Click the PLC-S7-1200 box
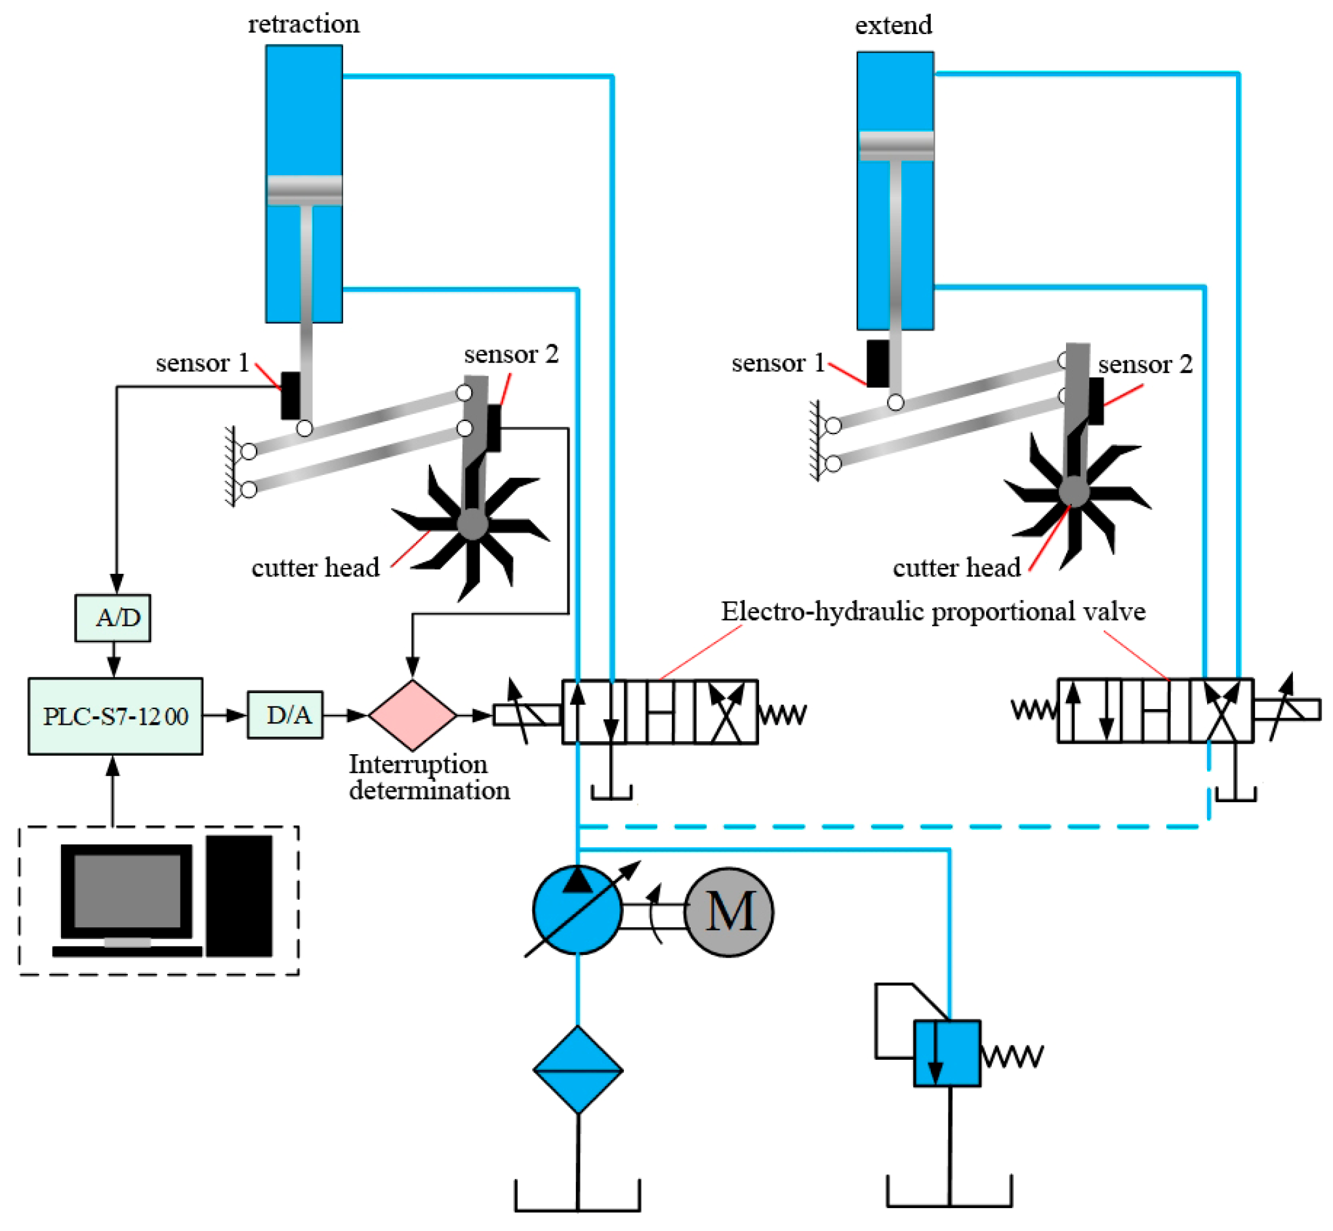(115, 716)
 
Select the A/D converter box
(113, 618)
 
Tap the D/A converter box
(285, 715)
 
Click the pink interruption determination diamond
(413, 715)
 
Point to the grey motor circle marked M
(729, 912)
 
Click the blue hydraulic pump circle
(577, 910)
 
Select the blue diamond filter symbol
(578, 1070)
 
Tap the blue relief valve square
(947, 1054)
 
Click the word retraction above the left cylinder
(304, 24)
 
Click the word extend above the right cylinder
(893, 26)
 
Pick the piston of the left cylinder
(305, 190)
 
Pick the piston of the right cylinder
(896, 146)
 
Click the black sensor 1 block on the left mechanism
(291, 395)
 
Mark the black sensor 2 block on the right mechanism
(1096, 401)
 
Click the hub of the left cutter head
(473, 524)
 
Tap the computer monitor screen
(127, 891)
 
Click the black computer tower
(239, 896)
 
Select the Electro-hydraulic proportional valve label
(933, 611)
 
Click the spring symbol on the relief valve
(1012, 1057)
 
